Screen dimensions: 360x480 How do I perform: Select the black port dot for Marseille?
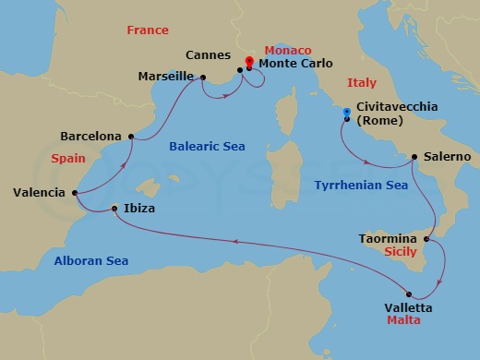(x=203, y=78)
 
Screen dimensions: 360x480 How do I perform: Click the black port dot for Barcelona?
(x=131, y=138)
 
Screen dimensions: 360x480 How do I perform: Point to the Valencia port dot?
(x=73, y=193)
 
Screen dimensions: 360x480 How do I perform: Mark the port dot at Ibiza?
(x=114, y=209)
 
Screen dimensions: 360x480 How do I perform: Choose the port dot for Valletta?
(x=408, y=294)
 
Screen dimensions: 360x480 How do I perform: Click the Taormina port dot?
(x=426, y=239)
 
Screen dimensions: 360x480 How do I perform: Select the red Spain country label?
(x=68, y=159)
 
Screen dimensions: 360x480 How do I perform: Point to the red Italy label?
(x=361, y=82)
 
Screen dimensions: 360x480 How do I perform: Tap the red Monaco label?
(x=289, y=49)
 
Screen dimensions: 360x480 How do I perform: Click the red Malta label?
(x=404, y=320)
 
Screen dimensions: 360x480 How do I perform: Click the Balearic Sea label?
(x=205, y=146)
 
